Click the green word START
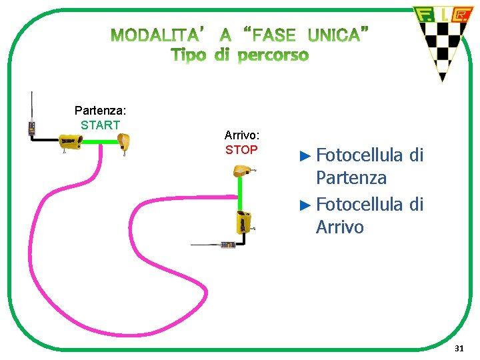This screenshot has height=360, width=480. click(100, 125)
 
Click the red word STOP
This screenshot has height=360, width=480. click(241, 150)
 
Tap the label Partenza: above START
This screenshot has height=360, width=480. click(100, 110)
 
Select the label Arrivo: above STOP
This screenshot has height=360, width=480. click(241, 135)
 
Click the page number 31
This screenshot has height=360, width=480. click(459, 349)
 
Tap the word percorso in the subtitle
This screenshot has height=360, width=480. click(273, 55)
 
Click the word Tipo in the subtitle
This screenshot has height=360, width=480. click(189, 55)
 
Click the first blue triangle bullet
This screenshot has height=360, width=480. click(305, 156)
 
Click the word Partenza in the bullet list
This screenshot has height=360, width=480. click(351, 179)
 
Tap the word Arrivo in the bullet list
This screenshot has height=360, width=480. click(340, 227)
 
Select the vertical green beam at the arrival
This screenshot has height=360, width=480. click(241, 194)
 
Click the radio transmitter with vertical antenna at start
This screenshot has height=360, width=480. click(32, 127)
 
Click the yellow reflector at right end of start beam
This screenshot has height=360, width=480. click(123, 142)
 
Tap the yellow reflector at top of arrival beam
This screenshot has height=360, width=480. click(241, 172)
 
